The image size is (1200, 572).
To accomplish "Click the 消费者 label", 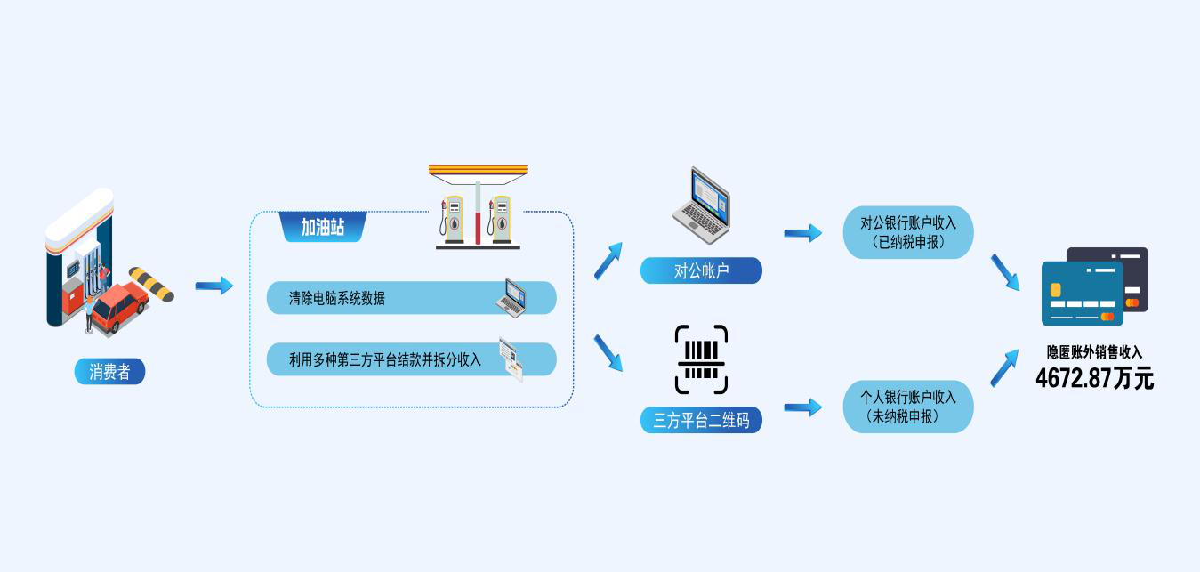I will pyautogui.click(x=109, y=372).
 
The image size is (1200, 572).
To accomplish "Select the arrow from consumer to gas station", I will pyautogui.click(x=213, y=286).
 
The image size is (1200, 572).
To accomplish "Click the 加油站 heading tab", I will pyautogui.click(x=323, y=228).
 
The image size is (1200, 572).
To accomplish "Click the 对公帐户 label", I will pyautogui.click(x=701, y=271).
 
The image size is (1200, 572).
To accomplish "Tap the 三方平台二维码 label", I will pyautogui.click(x=701, y=420).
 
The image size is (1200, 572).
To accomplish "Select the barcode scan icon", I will pyautogui.click(x=701, y=359).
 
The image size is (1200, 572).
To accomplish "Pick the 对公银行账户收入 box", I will pyautogui.click(x=908, y=232).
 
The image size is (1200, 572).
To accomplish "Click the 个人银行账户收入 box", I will pyautogui.click(x=908, y=407).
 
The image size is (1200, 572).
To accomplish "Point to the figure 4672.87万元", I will pyautogui.click(x=1094, y=378).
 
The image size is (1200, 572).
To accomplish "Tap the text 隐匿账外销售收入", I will pyautogui.click(x=1094, y=353).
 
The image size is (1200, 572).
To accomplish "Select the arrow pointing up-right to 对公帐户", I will pyautogui.click(x=608, y=259).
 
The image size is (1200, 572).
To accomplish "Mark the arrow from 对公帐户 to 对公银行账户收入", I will pyautogui.click(x=802, y=233).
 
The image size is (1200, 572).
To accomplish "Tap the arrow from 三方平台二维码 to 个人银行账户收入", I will pyautogui.click(x=802, y=407).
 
